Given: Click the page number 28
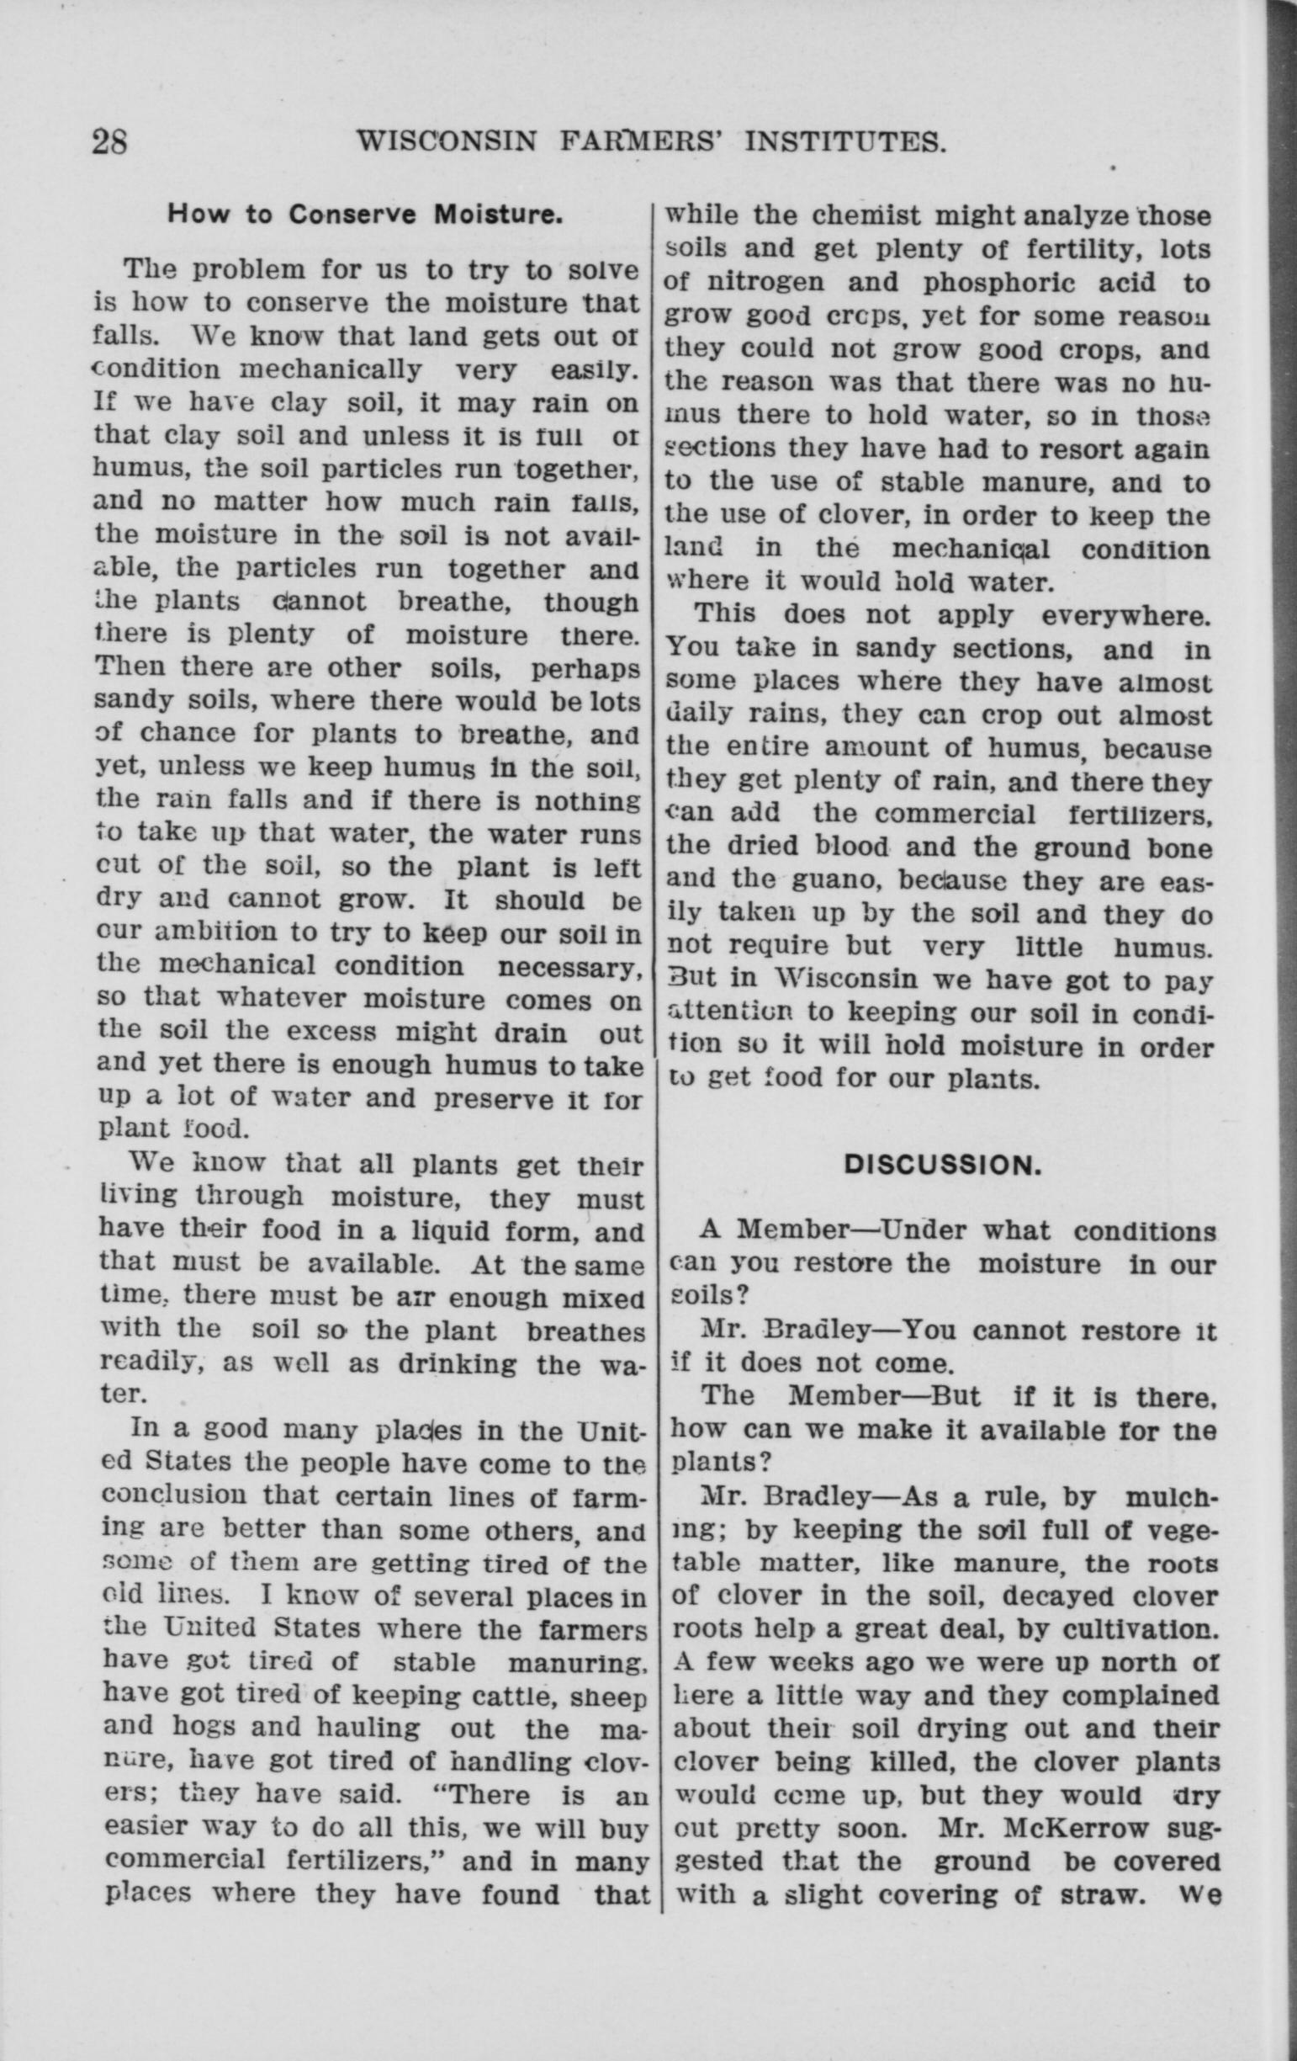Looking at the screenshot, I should pos(109,141).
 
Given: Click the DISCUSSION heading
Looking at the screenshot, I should pos(939,1166).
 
